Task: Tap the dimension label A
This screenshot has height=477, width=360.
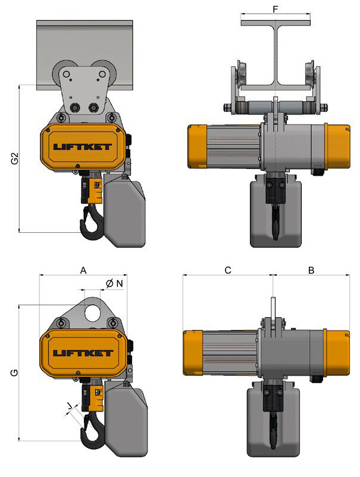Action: (83, 270)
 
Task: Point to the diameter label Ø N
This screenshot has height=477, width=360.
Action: (115, 283)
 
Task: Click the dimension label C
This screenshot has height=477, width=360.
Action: (227, 270)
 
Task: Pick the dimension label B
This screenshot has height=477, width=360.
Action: (311, 270)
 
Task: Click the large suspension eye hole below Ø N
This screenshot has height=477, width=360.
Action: (92, 311)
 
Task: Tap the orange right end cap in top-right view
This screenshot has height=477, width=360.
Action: (337, 146)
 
